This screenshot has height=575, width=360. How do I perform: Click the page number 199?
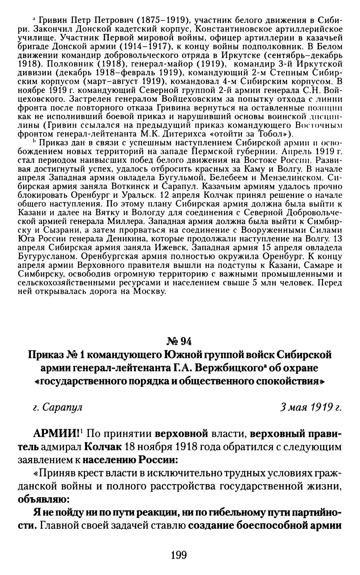pyautogui.click(x=180, y=555)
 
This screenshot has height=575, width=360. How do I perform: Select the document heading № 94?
pyautogui.click(x=180, y=341)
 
